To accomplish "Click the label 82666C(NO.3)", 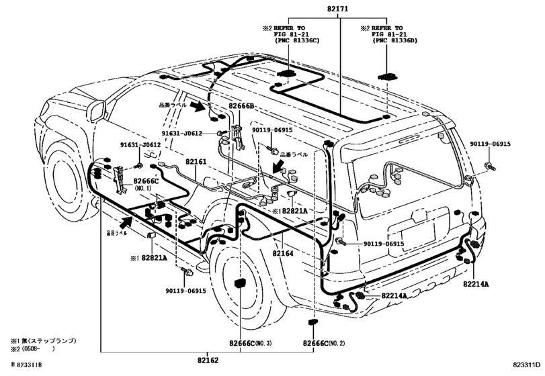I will (x=249, y=343).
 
